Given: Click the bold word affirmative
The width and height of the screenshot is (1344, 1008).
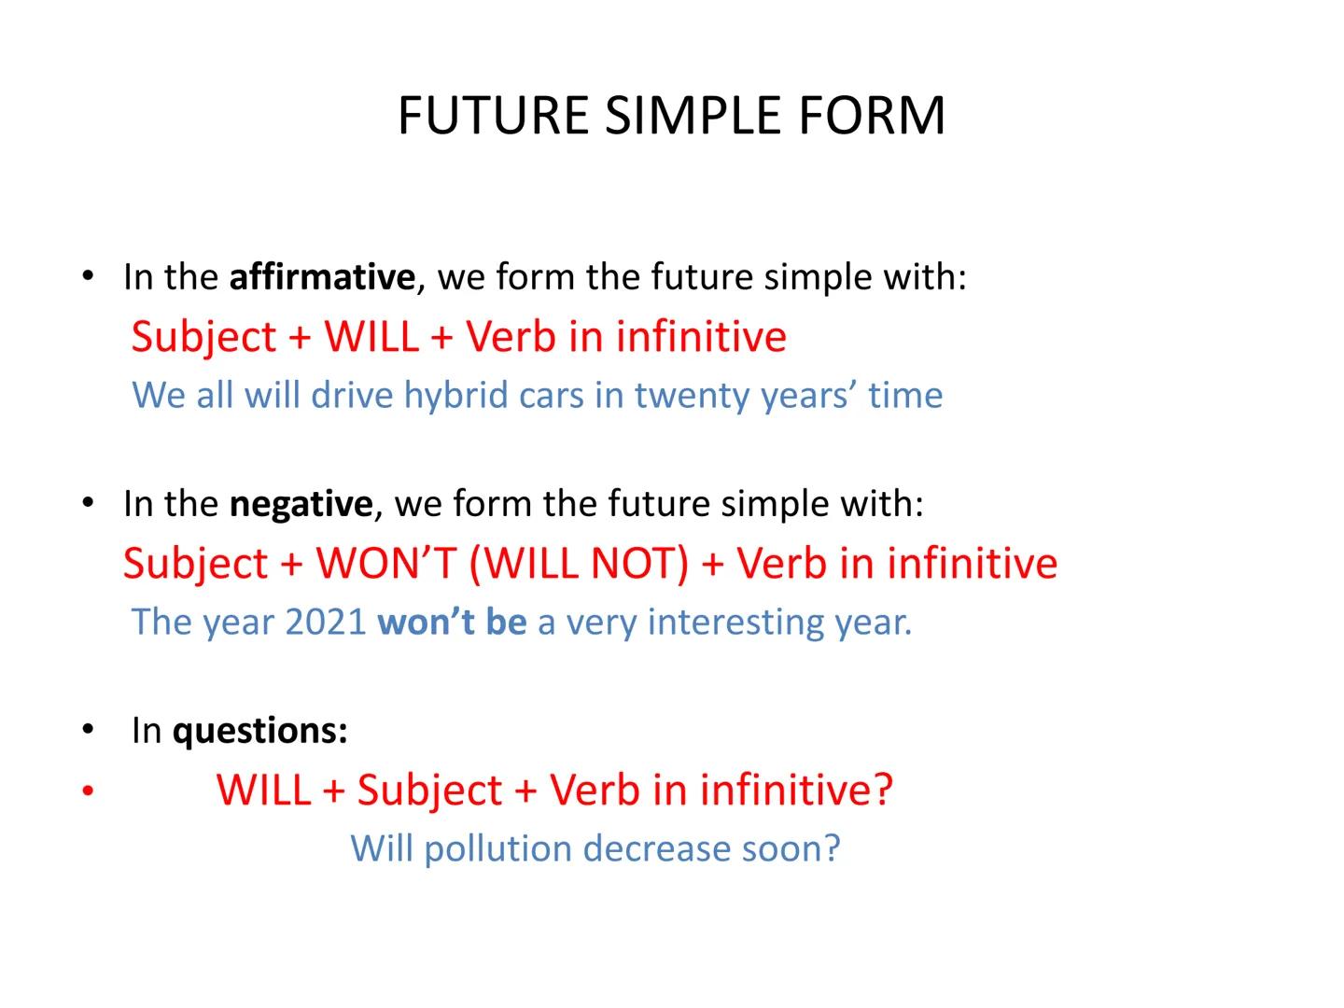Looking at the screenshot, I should coord(322,277).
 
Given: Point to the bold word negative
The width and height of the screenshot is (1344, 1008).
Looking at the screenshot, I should coord(301,504).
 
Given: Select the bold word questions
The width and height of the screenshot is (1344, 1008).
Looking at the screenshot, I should coord(259,730).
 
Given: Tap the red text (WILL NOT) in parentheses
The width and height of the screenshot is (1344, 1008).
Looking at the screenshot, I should coord(579,563).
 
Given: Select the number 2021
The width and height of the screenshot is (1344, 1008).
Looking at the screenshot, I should coord(325,622).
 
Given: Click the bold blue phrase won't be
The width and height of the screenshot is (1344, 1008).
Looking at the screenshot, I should coord(452,622).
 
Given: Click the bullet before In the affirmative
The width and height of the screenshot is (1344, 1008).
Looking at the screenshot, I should coord(88,276).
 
